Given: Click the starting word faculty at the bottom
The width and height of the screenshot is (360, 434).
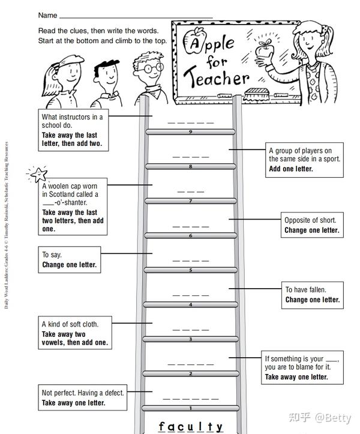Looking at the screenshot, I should (x=191, y=427).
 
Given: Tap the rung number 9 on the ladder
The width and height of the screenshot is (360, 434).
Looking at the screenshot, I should (x=191, y=132).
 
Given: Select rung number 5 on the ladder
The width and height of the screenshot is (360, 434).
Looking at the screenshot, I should (x=191, y=270).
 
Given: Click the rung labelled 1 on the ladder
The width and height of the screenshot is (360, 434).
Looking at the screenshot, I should (x=191, y=408).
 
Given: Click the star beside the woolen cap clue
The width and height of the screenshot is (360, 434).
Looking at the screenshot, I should (x=38, y=175).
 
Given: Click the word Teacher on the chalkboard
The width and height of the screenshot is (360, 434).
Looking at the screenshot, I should (x=217, y=78).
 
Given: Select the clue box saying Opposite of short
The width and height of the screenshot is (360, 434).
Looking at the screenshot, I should (x=311, y=225).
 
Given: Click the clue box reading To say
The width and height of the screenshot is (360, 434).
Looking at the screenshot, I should (x=68, y=259).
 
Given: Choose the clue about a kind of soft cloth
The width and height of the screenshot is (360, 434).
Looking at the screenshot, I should (x=74, y=333).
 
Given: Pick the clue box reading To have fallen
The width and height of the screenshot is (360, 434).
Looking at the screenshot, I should (x=313, y=294).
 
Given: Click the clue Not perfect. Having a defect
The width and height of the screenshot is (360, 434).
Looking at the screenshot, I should (x=83, y=397).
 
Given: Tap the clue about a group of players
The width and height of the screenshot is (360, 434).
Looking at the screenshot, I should (x=305, y=160).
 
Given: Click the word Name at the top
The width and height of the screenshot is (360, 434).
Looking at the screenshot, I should (x=48, y=15).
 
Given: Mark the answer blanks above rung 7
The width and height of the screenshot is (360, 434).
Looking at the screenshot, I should (x=191, y=191).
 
